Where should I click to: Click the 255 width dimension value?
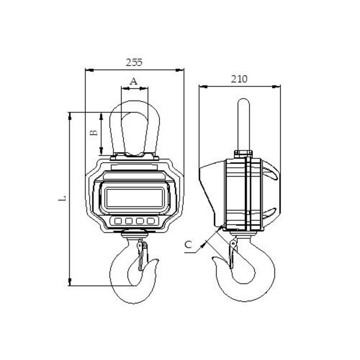(134, 62)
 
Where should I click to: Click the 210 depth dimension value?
(239, 79)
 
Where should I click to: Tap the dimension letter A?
(134, 81)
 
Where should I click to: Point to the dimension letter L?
(63, 198)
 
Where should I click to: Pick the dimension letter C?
(188, 245)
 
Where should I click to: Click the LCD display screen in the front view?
(135, 198)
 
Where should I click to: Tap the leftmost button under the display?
(118, 220)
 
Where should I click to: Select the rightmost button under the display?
(150, 220)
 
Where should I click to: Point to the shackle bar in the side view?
(243, 122)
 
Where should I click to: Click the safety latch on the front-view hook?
(141, 256)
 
